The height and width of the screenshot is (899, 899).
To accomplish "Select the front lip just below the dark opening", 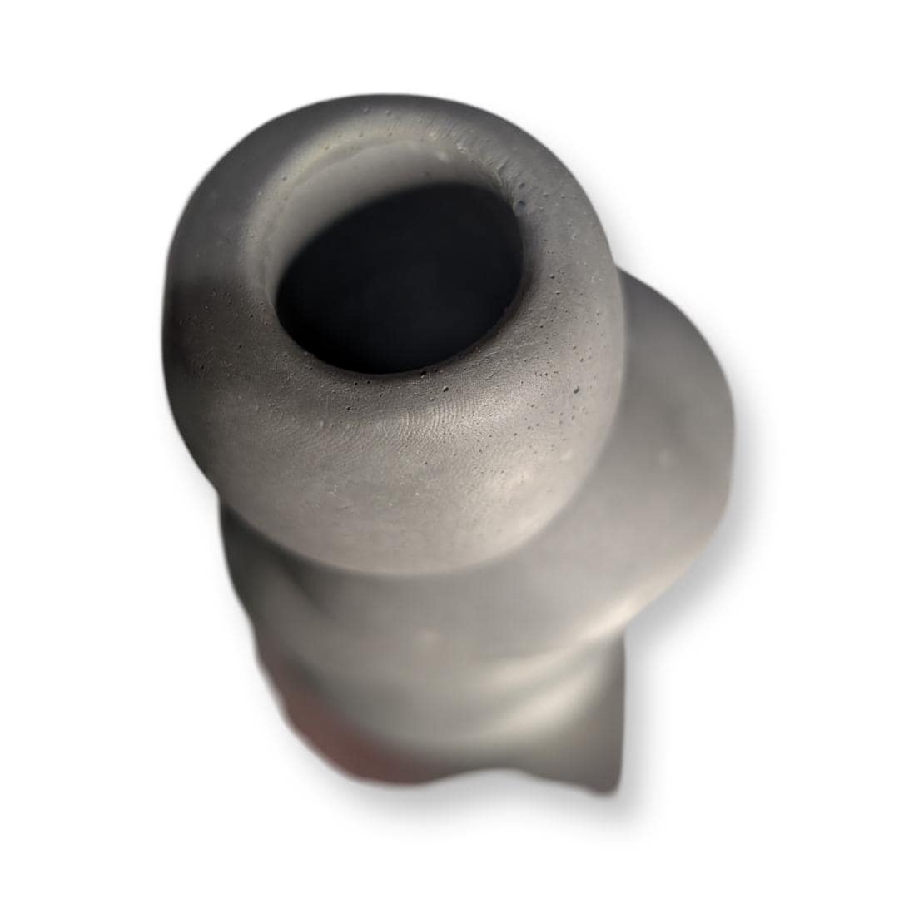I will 391,391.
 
